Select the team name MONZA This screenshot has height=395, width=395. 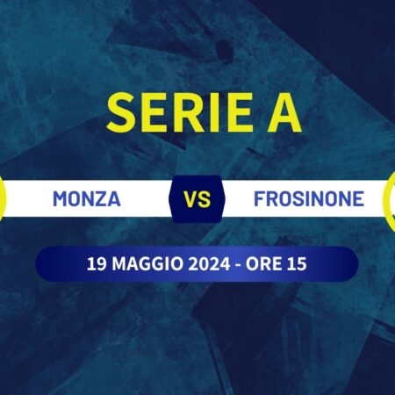coord(86,199)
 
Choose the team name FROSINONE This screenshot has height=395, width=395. coord(308,199)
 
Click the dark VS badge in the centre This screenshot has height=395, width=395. coord(197,199)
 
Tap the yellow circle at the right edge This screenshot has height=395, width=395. coord(391,199)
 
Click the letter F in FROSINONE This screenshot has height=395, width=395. coord(258,199)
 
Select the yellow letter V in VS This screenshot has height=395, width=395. coord(190,199)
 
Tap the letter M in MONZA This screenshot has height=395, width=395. coord(60,199)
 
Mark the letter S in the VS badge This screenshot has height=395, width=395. coord(205,199)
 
